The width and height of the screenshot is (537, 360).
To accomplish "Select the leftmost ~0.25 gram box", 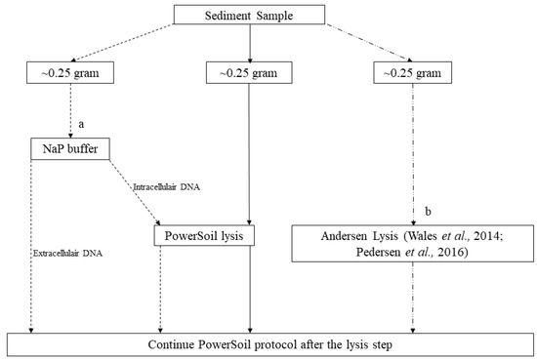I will [69, 72].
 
